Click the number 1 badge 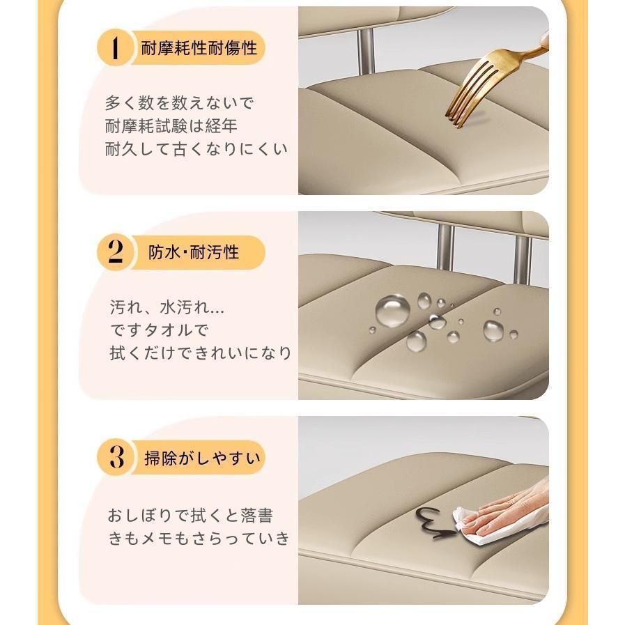click(115, 48)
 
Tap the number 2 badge click(115, 252)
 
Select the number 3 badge click(116, 457)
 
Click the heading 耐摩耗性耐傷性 click(199, 48)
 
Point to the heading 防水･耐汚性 click(194, 252)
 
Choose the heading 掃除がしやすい click(202, 458)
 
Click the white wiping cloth click(472, 526)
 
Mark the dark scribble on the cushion click(435, 522)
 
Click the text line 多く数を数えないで click(179, 103)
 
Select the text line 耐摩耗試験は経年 click(171, 126)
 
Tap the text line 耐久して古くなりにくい click(196, 149)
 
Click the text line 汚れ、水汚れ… click(167, 307)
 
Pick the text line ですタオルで click(159, 330)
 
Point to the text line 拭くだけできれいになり click(201, 353)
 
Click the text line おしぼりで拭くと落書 click(190, 516)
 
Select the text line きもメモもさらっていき click(199, 539)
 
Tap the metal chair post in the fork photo click(366, 52)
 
